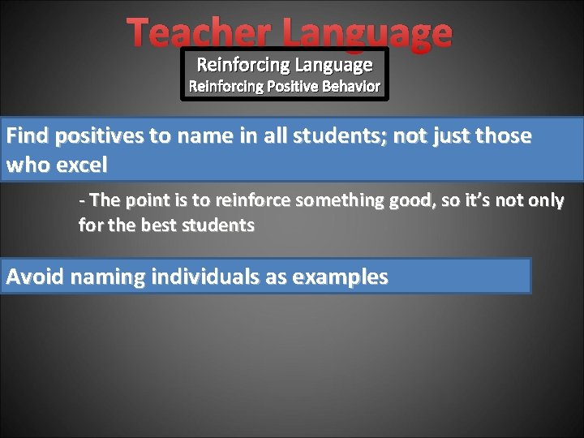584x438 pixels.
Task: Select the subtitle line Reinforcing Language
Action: [x=285, y=64]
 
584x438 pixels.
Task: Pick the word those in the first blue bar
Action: [x=503, y=135]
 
